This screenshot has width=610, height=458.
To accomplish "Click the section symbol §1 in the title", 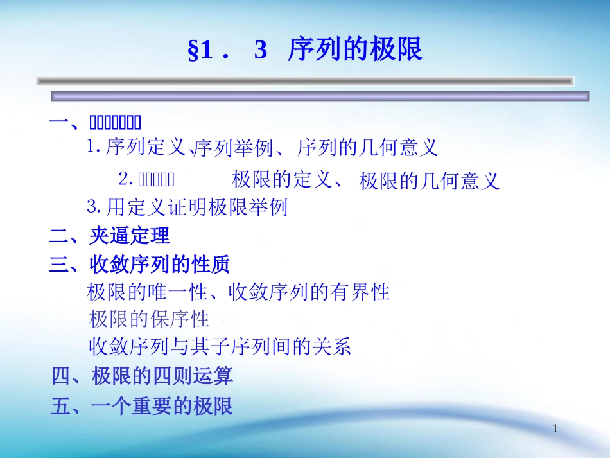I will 200,51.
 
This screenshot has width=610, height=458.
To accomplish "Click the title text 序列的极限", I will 355,50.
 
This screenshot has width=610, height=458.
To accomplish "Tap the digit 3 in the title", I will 260,51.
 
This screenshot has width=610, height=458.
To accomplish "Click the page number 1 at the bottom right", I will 555,429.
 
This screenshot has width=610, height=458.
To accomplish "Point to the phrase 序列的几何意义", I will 368,148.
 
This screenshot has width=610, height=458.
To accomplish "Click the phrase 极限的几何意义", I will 429,181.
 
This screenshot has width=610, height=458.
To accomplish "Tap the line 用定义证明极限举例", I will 196,207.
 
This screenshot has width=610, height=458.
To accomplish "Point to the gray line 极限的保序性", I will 149,319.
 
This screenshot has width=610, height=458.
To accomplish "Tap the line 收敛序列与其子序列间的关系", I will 220,347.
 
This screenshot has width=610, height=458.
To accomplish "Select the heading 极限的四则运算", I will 162,376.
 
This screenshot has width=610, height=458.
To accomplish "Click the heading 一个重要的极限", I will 162,406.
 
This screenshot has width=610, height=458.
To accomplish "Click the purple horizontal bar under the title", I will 320,96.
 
